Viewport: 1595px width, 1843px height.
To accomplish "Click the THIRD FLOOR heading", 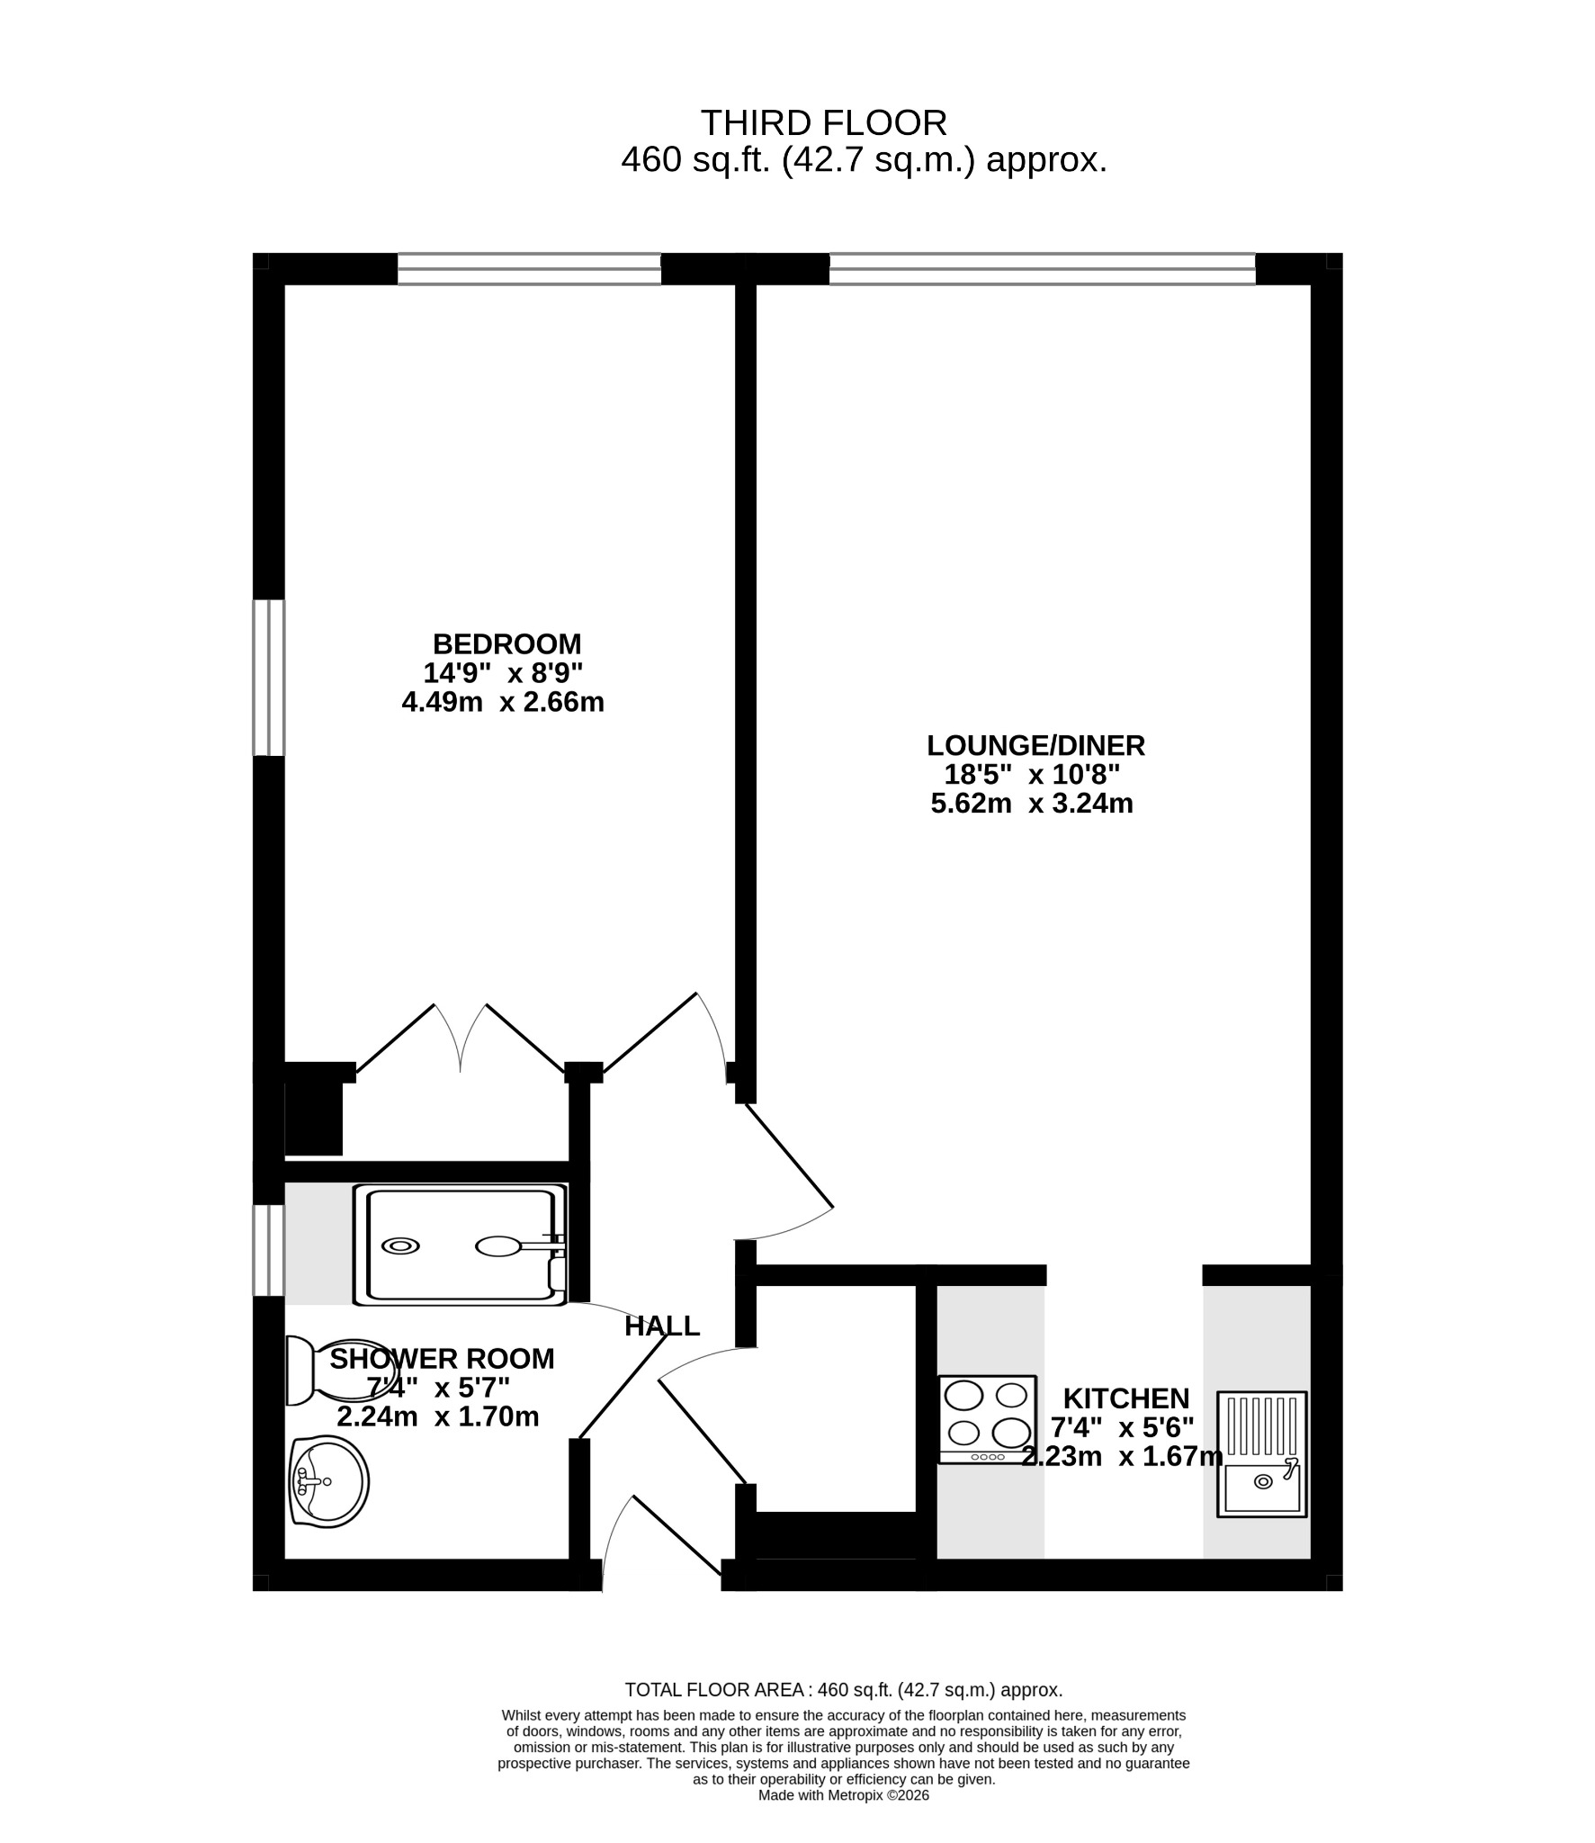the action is pos(823,122).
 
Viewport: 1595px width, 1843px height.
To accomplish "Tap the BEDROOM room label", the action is pos(507,644).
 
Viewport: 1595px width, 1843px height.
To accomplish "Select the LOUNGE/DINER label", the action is pos(1035,745).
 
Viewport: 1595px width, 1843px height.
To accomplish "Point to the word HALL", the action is pos(662,1326).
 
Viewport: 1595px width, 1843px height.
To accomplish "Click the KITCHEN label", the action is pos(1126,1398).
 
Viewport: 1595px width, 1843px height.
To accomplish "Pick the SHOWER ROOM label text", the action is pos(442,1358).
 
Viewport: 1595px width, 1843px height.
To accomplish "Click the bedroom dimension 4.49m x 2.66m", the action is pos(503,702).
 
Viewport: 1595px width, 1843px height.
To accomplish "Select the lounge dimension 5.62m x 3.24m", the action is pos(1032,803).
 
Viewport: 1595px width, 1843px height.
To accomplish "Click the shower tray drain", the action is pos(400,1246).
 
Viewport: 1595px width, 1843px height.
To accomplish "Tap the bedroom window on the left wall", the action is pos(268,678).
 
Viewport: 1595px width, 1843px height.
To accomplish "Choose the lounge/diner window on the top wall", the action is pos(1042,269).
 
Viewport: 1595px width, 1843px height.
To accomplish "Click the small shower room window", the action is pos(268,1250).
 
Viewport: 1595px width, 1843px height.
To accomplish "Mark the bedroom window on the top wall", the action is pos(529,269).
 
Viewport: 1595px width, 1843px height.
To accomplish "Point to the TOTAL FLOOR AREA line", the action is pos(844,1690).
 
